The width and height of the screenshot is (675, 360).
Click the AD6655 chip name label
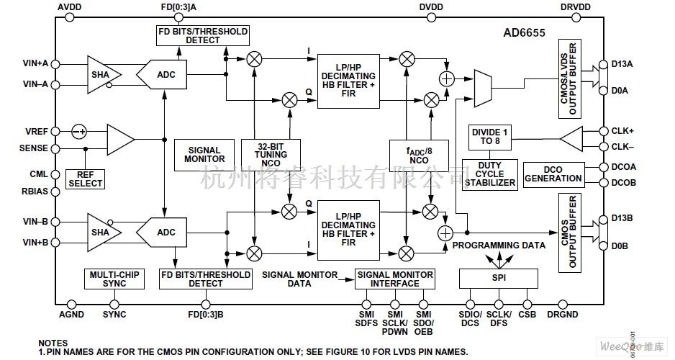(526, 34)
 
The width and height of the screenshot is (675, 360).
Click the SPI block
(498, 277)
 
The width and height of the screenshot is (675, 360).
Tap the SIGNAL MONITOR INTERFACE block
(394, 279)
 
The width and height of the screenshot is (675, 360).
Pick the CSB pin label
(527, 315)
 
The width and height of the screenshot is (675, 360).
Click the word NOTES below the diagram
(53, 343)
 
